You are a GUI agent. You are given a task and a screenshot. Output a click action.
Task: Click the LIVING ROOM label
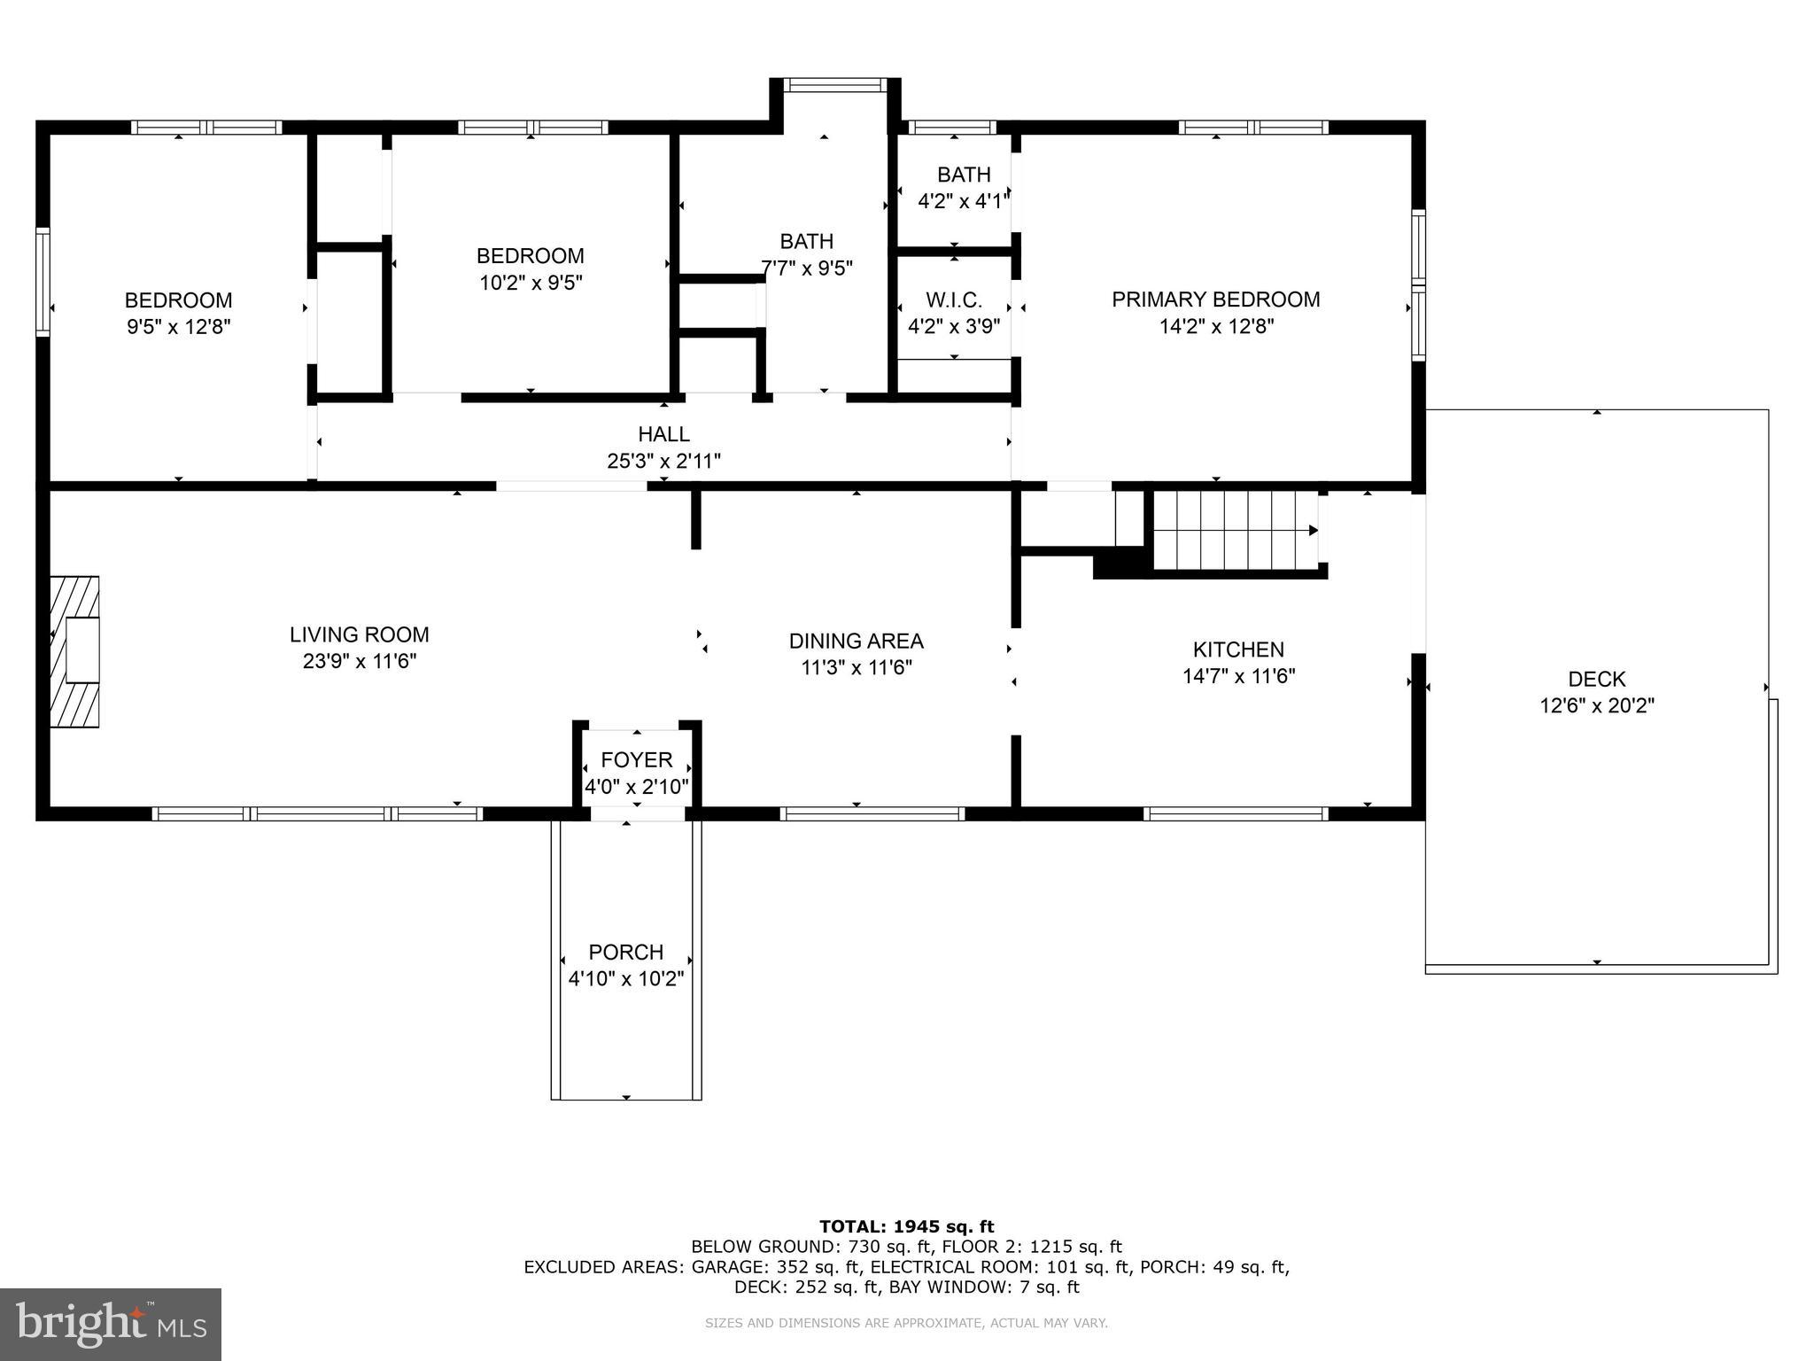[x=359, y=634]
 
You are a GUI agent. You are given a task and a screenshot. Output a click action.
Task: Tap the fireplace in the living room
[x=75, y=651]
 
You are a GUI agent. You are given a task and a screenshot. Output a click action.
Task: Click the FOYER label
[x=636, y=759]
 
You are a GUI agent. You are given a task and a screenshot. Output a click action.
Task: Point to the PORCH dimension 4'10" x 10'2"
[x=625, y=978]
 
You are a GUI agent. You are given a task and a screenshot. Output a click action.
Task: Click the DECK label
[x=1596, y=679]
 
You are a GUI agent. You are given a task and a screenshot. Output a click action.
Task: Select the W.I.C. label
[x=954, y=299]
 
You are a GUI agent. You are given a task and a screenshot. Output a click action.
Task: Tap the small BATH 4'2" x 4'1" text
[x=963, y=201]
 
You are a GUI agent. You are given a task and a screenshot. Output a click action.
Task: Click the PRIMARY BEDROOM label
[x=1215, y=299]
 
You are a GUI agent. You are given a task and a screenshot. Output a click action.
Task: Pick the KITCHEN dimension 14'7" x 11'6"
[x=1238, y=676]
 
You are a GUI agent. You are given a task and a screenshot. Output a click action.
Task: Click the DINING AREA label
[x=856, y=641]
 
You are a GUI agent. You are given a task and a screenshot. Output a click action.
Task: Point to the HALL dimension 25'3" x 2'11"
[x=663, y=461]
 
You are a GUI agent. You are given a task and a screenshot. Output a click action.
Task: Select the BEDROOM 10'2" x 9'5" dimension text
[x=531, y=283]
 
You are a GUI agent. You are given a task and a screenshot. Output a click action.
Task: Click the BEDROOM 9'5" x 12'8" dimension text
[x=178, y=327]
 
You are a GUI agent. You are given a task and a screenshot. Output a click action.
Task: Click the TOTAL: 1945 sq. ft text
[x=906, y=1226]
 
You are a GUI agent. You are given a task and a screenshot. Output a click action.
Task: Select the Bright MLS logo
[x=111, y=1324]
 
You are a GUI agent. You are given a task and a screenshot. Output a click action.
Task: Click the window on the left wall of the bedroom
[x=43, y=282]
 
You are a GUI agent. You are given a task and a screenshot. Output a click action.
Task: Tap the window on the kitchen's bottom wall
[x=1235, y=813]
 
